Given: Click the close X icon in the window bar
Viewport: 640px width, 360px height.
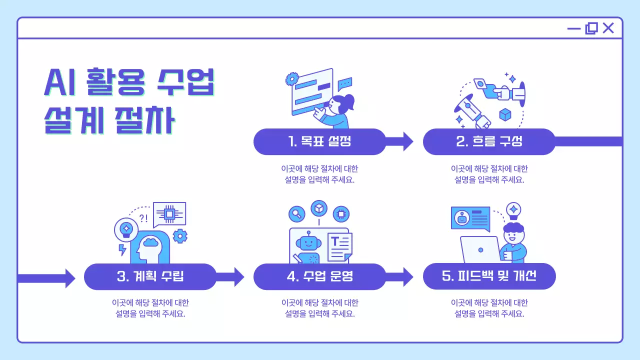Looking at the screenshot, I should pyautogui.click(x=608, y=28).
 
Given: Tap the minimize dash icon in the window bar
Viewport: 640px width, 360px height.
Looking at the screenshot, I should pyautogui.click(x=573, y=28).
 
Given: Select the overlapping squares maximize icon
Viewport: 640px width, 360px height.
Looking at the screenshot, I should pyautogui.click(x=591, y=28).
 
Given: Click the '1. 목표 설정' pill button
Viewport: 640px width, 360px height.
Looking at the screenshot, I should pyautogui.click(x=319, y=141).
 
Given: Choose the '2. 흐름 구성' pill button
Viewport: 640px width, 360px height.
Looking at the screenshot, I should pyautogui.click(x=489, y=141).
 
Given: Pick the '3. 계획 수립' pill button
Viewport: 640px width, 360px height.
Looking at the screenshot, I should pyautogui.click(x=150, y=276).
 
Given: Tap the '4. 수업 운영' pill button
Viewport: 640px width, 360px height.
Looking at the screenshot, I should pyautogui.click(x=319, y=276).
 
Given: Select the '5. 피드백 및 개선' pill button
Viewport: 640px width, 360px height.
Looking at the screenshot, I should pyautogui.click(x=489, y=276).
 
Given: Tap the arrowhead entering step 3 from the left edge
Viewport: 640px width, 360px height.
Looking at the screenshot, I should pyautogui.click(x=69, y=277).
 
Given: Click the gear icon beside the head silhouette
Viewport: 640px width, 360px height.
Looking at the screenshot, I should pyautogui.click(x=180, y=235).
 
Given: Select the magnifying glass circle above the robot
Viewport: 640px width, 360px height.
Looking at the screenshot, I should pyautogui.click(x=297, y=214).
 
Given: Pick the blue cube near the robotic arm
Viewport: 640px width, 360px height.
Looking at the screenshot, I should pyautogui.click(x=505, y=114).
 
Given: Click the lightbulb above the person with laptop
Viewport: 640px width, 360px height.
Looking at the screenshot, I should pyautogui.click(x=513, y=211).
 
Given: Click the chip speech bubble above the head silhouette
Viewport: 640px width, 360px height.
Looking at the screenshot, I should pyautogui.click(x=169, y=214).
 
